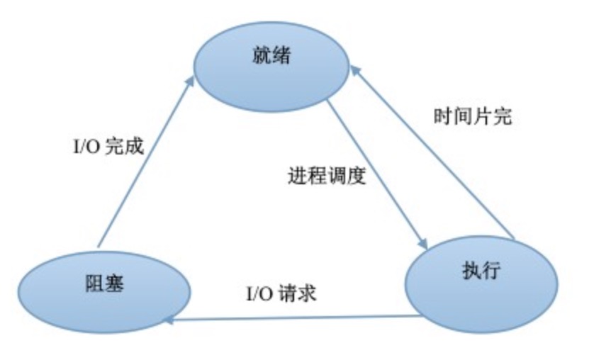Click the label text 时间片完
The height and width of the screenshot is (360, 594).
pos(472,116)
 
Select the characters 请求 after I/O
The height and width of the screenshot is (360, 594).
pos(298,292)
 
